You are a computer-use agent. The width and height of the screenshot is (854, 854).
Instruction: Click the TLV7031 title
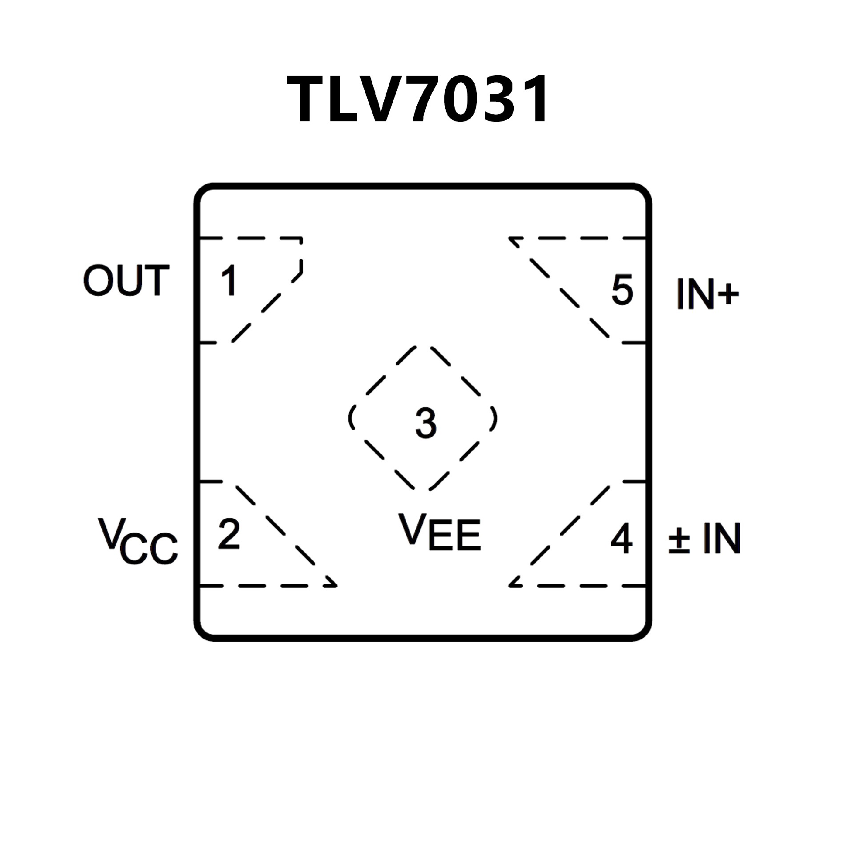tap(418, 99)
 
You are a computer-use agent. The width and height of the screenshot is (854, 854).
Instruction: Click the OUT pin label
tap(126, 280)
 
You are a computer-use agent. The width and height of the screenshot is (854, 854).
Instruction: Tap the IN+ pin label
tap(707, 294)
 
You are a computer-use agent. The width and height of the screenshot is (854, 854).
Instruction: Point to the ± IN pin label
tap(705, 539)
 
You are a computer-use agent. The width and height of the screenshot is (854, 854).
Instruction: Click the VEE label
tap(439, 532)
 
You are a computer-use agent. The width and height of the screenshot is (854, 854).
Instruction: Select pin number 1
tap(229, 281)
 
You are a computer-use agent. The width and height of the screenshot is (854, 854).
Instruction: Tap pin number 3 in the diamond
tap(426, 423)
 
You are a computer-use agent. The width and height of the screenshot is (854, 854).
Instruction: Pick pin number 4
tap(621, 539)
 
